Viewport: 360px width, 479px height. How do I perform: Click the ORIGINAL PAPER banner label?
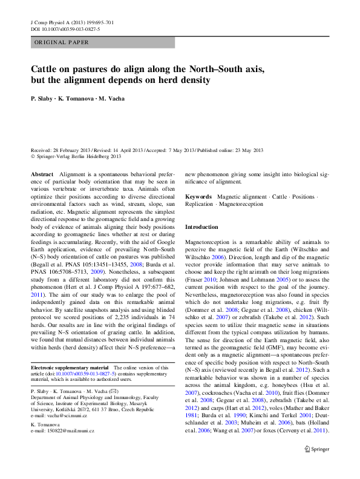point(62,42)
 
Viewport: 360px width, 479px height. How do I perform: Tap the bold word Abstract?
point(42,174)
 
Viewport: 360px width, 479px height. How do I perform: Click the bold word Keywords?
point(198,197)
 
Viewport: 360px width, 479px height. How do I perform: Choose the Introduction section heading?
point(201,226)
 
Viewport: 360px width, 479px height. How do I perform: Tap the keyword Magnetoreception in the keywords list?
point(241,204)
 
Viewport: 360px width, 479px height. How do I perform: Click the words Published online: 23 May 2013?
point(230,150)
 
